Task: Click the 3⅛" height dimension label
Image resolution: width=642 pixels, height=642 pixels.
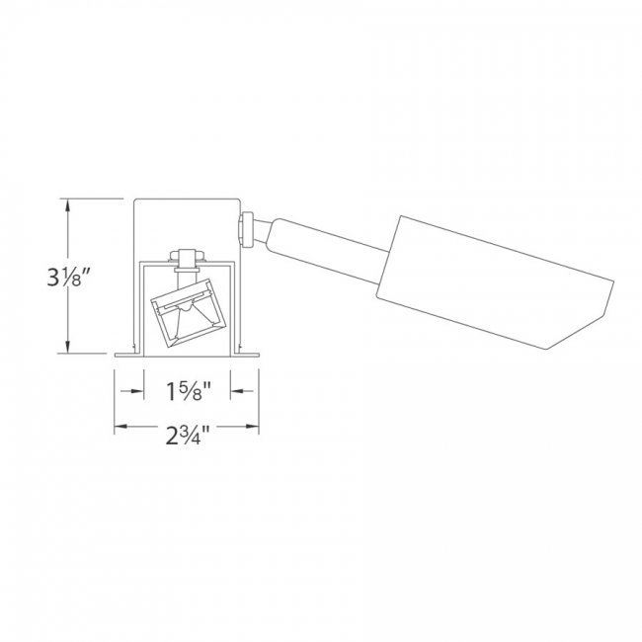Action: [x=68, y=277]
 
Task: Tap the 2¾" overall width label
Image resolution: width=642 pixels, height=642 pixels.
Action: [x=188, y=435]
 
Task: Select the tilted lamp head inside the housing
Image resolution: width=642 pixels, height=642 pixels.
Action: [x=189, y=313]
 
